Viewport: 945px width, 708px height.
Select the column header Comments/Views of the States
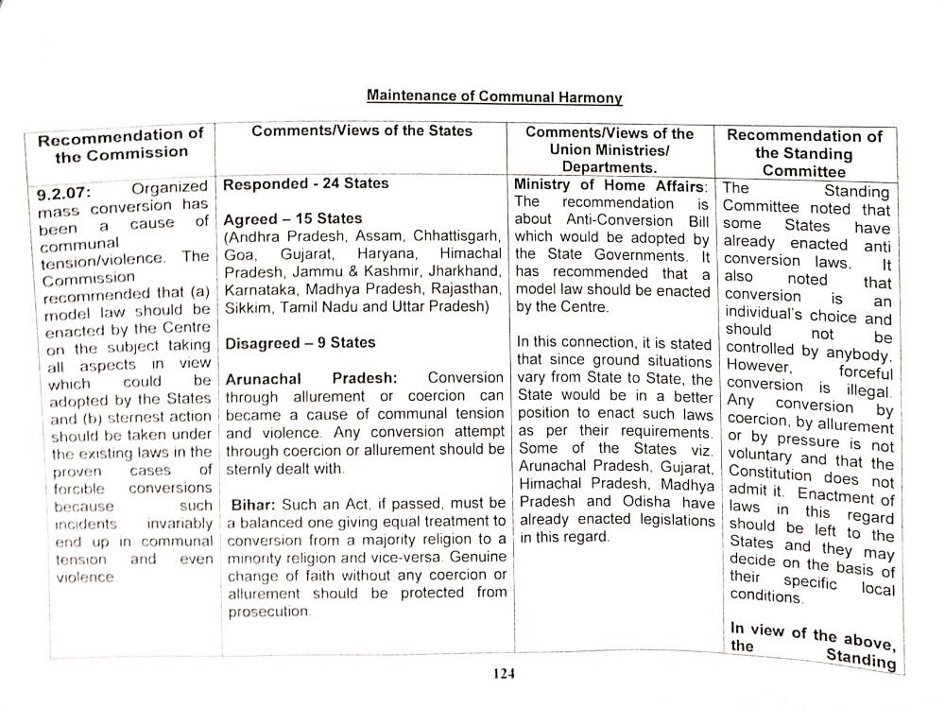(x=362, y=131)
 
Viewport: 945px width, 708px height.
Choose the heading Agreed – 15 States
(x=293, y=219)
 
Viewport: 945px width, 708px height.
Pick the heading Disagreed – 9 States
(x=300, y=342)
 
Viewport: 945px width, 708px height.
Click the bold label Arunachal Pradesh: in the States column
(x=311, y=378)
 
